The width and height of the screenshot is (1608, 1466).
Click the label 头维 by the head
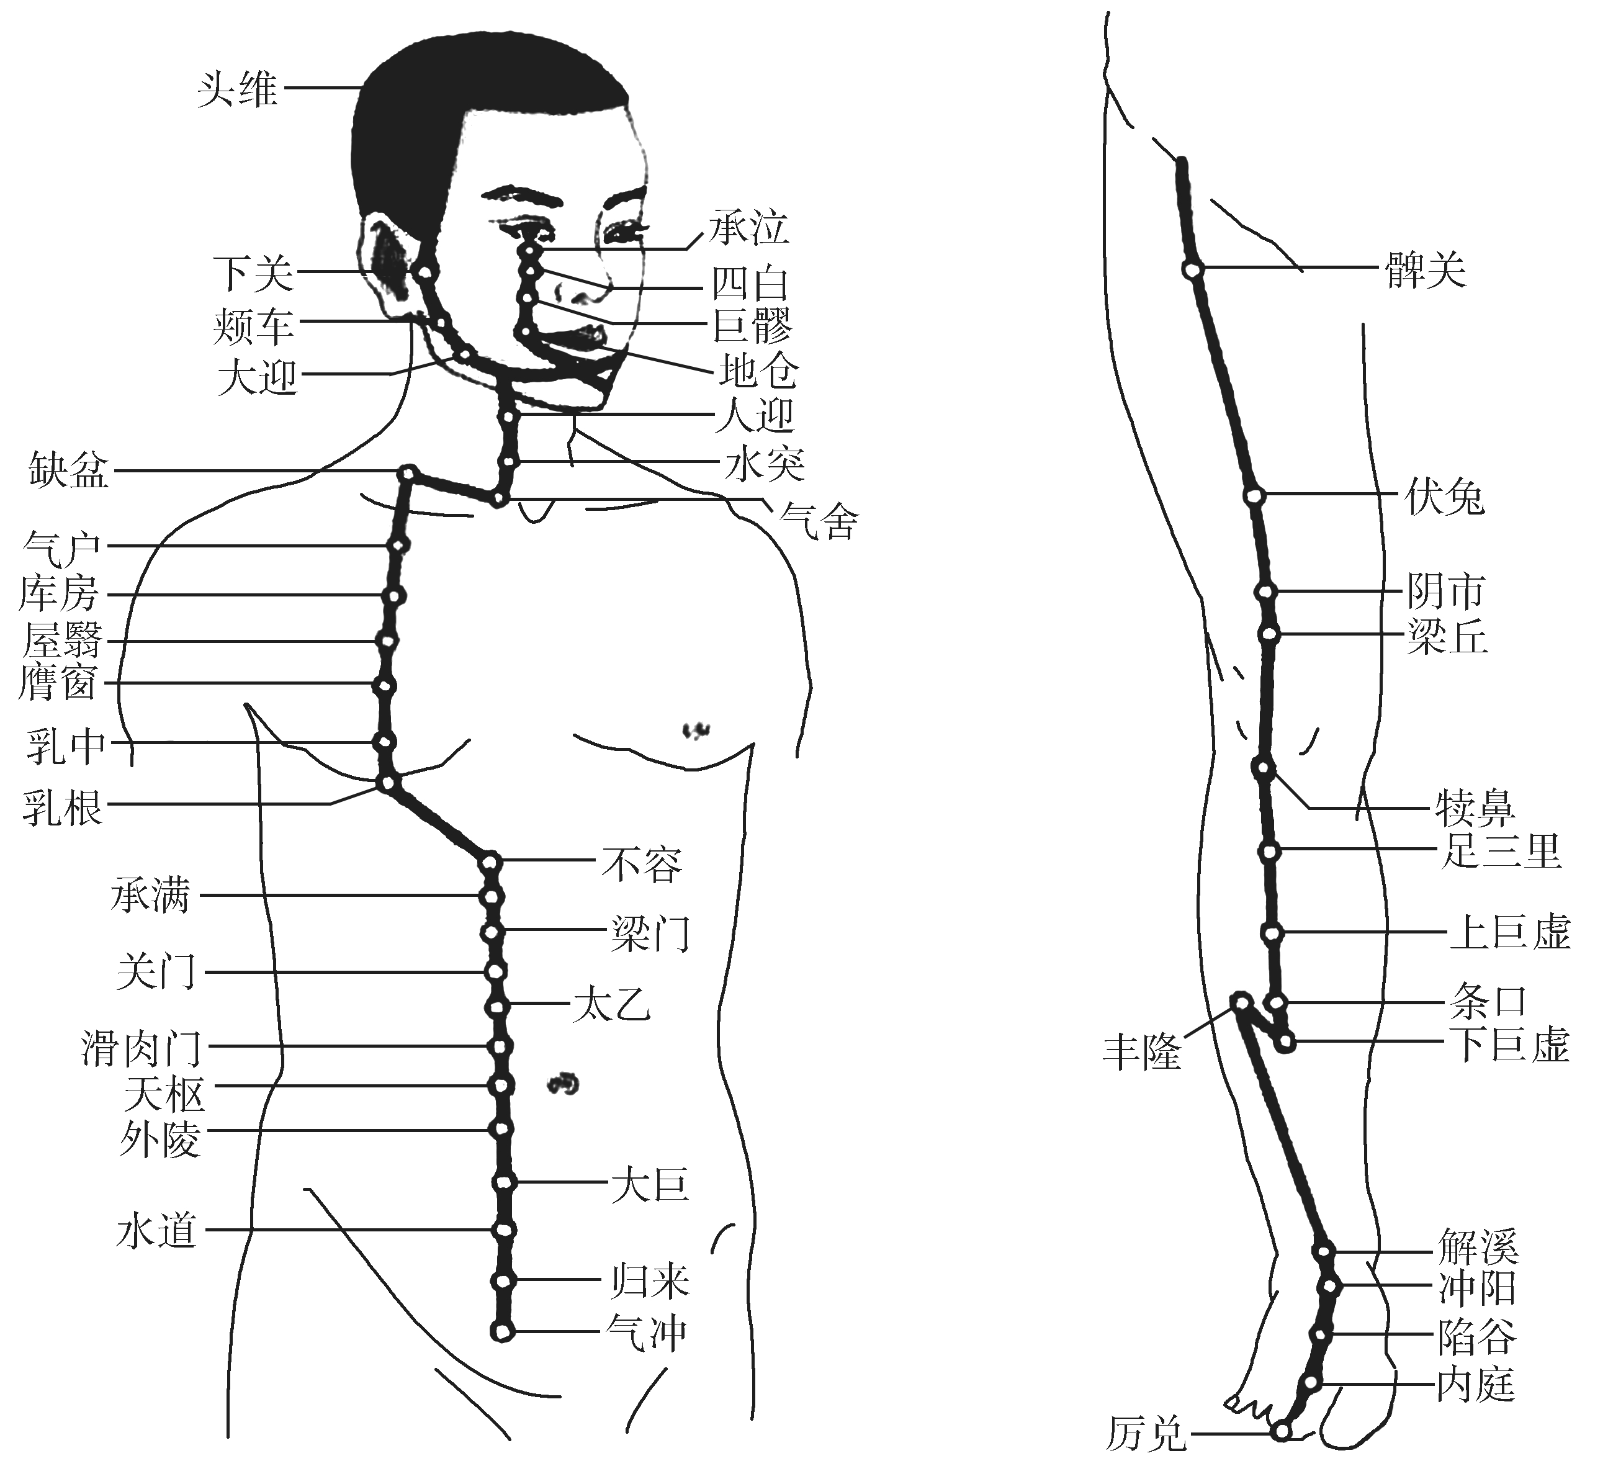(x=237, y=89)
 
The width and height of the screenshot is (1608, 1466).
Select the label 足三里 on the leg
(x=1500, y=850)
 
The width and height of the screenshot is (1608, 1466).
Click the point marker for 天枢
(x=500, y=1086)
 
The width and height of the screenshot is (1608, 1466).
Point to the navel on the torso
(x=563, y=1083)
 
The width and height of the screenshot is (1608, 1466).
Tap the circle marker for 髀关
(x=1192, y=271)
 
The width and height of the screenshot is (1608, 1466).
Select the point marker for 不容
(x=490, y=862)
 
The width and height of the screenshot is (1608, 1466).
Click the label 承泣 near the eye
(x=749, y=227)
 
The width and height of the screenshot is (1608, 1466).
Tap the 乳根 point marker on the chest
(x=386, y=783)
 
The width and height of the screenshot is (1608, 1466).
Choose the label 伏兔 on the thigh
(x=1445, y=498)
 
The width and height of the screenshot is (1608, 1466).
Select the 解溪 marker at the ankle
(x=1324, y=1251)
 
